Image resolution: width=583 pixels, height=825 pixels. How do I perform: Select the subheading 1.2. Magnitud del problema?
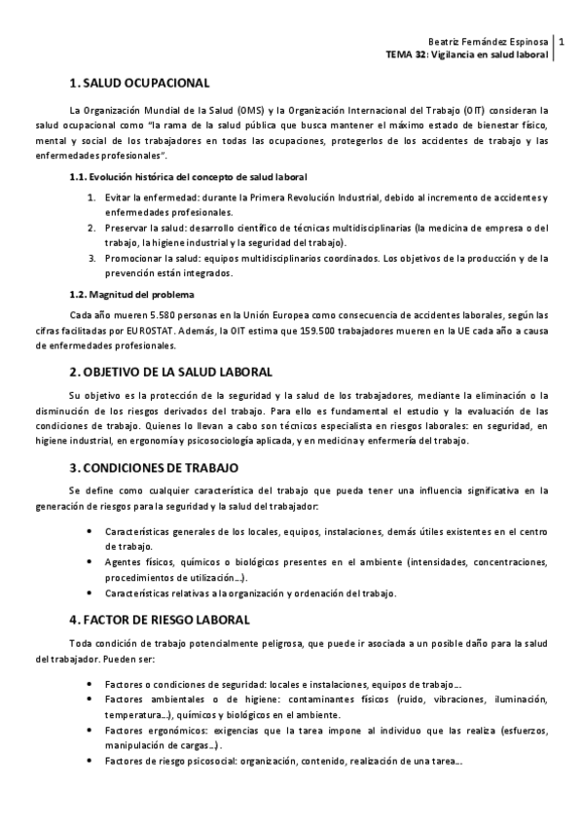pyautogui.click(x=131, y=294)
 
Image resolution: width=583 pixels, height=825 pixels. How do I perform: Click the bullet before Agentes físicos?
pyautogui.click(x=91, y=562)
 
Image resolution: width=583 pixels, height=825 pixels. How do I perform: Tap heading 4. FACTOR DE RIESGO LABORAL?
pyautogui.click(x=160, y=619)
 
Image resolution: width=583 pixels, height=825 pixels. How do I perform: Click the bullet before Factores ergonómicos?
pyautogui.click(x=91, y=730)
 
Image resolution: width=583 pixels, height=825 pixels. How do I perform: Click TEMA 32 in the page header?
pyautogui.click(x=409, y=55)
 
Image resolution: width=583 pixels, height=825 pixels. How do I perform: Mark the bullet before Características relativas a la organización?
pyautogui.click(x=91, y=593)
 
